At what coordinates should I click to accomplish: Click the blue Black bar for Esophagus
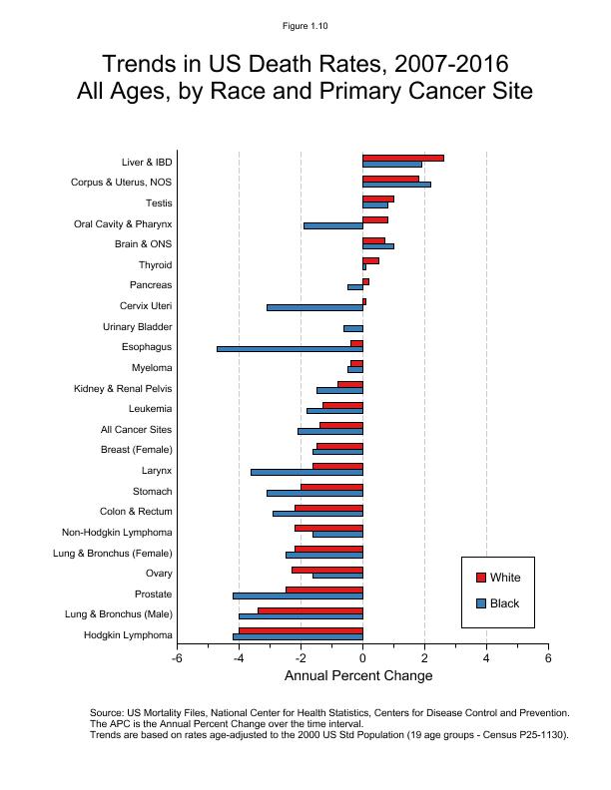coord(290,349)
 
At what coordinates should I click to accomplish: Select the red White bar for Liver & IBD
coord(402,158)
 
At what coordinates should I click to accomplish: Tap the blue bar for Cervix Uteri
coord(314,307)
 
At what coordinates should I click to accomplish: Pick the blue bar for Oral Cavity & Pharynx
coord(332,225)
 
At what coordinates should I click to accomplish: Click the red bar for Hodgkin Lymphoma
coord(301,630)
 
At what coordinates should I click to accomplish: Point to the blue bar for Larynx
coord(306,472)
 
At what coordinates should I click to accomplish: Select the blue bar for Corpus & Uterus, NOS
coord(396,185)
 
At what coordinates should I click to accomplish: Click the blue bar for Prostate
coord(298,595)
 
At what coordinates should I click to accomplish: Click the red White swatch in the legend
coord(480,578)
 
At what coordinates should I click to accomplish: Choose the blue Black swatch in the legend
coord(480,603)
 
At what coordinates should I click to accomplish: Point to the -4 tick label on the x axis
coord(239,658)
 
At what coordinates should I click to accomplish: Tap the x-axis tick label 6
coord(548,658)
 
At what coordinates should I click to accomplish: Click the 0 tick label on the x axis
coord(362,658)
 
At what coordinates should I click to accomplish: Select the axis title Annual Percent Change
coord(358,676)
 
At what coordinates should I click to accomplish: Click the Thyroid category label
coord(155,265)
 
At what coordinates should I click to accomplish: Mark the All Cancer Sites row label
coord(136,430)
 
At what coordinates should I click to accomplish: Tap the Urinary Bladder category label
coord(137,327)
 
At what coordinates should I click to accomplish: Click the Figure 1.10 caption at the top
coord(305,26)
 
